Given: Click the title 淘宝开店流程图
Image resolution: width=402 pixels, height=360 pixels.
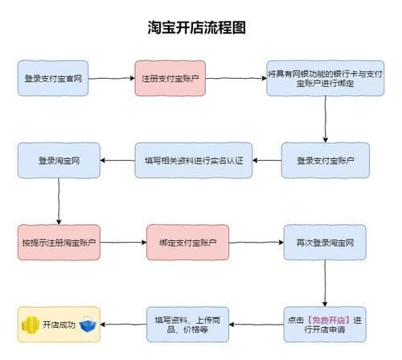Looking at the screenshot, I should click(x=197, y=27).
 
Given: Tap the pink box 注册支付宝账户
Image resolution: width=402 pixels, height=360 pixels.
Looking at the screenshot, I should click(x=170, y=79).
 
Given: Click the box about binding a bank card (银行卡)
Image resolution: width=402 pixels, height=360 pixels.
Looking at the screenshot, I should click(x=324, y=79).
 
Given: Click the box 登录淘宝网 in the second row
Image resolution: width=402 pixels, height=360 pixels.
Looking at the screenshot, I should click(x=59, y=161).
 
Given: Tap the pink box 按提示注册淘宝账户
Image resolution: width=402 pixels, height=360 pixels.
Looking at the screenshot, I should click(x=59, y=242).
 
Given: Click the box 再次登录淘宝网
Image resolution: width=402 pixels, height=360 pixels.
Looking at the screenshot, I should click(x=324, y=242).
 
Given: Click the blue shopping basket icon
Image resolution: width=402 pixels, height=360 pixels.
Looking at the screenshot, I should click(x=87, y=325).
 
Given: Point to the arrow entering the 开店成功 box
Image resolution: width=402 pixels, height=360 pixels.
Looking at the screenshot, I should click(x=123, y=325).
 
